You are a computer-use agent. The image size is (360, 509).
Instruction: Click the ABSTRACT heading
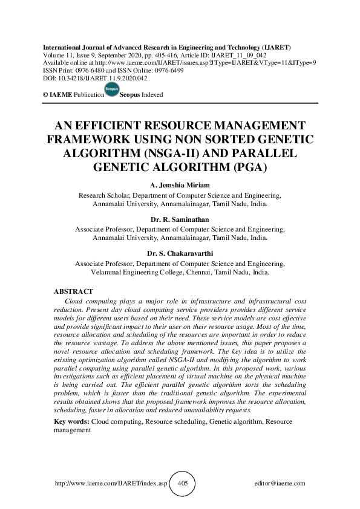73,291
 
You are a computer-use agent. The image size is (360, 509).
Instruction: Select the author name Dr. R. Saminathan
180,220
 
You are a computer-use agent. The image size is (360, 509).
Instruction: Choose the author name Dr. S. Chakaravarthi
180,254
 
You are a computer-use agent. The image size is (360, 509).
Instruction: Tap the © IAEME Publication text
67,96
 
